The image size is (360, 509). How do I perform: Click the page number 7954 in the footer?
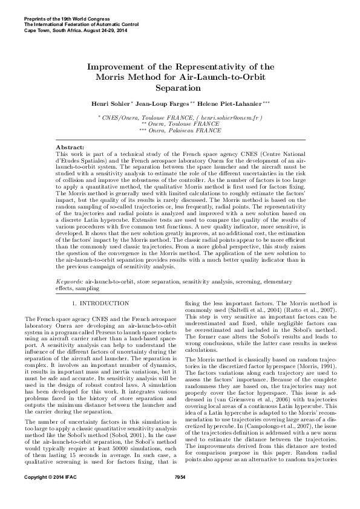(x=180, y=494)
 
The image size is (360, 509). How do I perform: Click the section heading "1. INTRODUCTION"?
(x=99, y=302)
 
